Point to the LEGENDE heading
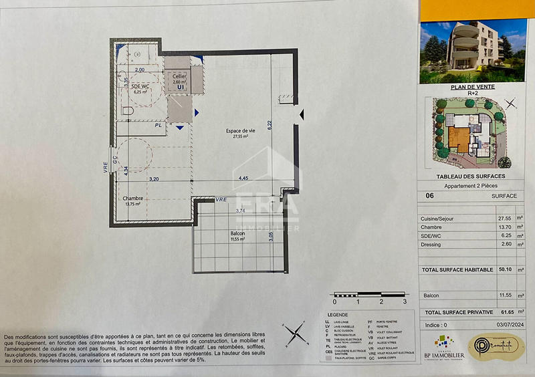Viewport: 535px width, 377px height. [x=337, y=314]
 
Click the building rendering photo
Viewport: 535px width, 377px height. [x=473, y=50]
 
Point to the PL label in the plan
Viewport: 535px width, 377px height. [x=158, y=125]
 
